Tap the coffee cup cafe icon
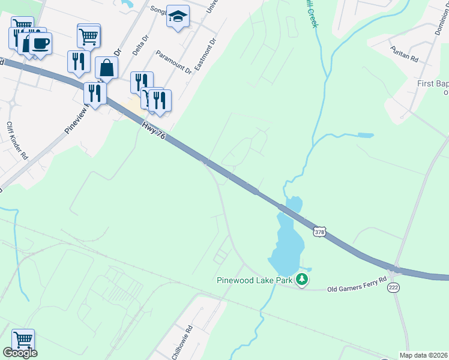tap(40, 44)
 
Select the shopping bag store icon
tap(106, 68)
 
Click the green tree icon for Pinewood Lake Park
tap(303, 279)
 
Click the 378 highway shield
tap(319, 231)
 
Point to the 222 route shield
tap(394, 288)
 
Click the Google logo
tap(20, 353)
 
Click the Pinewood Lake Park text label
tap(256, 280)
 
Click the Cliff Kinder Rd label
tap(17, 140)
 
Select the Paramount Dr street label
tap(173, 62)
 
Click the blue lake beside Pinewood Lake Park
tap(286, 243)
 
